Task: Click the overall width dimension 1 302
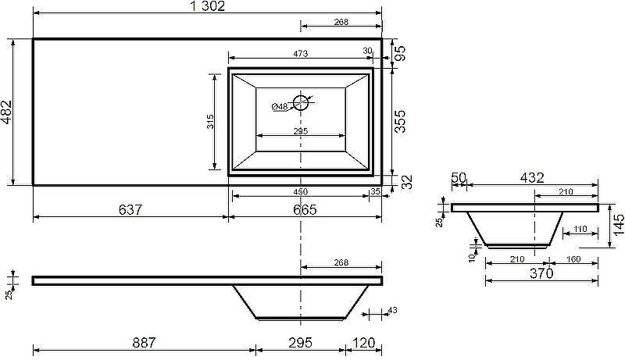tap(207, 6)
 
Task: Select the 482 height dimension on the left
tap(7, 112)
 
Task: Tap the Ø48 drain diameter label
tap(280, 106)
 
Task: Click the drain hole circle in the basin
tap(301, 101)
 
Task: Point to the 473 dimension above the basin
tap(300, 53)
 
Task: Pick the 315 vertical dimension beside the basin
tap(210, 122)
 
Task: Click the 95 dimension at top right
tap(399, 53)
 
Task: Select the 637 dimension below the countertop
tap(130, 209)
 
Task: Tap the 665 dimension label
tap(305, 209)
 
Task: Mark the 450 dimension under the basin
tap(300, 191)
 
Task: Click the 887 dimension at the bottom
tap(145, 342)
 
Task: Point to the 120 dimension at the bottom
tap(363, 342)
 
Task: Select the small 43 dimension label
tap(392, 311)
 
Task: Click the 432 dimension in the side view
tap(531, 178)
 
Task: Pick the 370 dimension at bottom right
tap(541, 273)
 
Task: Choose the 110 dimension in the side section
tap(579, 230)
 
